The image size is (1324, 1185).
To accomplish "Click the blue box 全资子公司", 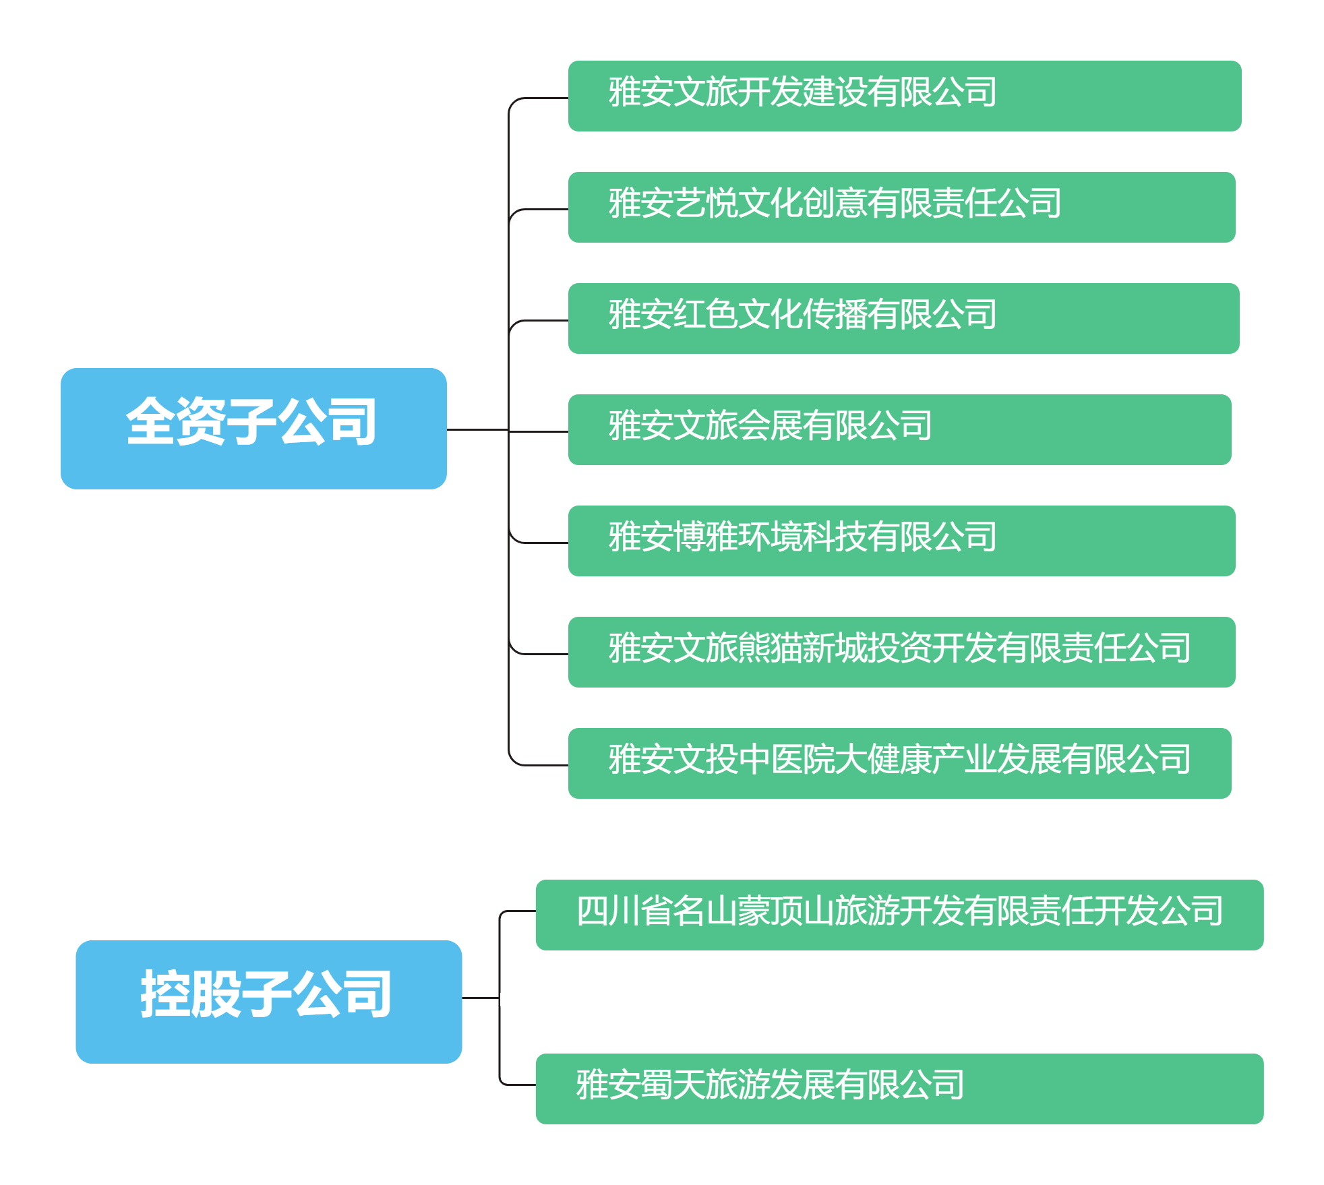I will (253, 428).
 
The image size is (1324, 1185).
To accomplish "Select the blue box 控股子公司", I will (268, 1001).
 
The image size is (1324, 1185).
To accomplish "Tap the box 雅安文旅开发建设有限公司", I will (904, 96).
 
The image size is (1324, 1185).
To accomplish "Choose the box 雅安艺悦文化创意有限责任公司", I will (901, 207).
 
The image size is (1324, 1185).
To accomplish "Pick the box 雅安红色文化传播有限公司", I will (903, 318).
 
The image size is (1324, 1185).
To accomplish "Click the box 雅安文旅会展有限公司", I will (899, 429).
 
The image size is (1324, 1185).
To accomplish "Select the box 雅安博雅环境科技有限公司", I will (901, 541).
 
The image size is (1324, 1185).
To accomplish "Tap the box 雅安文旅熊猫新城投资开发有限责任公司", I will (901, 652).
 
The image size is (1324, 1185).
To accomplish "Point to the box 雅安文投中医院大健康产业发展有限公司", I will (899, 763).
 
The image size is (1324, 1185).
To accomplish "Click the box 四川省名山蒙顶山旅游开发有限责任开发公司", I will (899, 915).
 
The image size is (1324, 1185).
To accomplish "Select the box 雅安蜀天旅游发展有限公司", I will (899, 1089).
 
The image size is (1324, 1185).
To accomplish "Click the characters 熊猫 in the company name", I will (770, 648).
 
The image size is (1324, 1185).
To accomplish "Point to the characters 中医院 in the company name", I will (787, 760).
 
